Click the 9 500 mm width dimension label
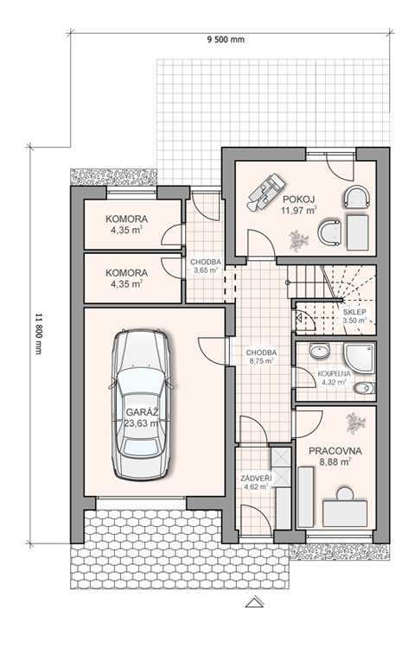[226, 40]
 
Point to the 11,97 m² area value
[299, 210]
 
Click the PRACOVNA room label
[335, 451]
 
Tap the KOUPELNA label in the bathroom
[334, 373]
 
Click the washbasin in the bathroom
[320, 352]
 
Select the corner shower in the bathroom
[359, 358]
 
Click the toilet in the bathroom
[364, 389]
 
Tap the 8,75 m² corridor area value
[261, 361]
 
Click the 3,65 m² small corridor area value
[206, 270]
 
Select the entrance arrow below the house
[254, 601]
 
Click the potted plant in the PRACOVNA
[355, 423]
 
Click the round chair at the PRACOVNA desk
[345, 493]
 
